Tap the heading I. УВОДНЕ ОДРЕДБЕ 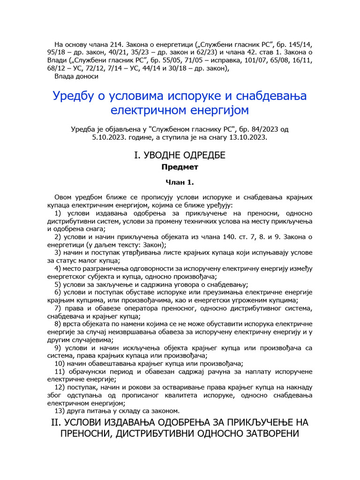[x=180, y=155]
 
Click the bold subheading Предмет [x=180, y=166]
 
